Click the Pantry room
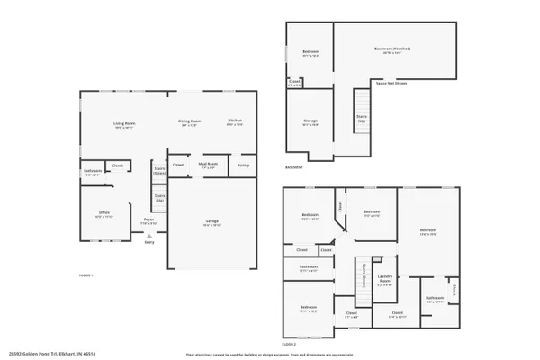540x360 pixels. click(243, 165)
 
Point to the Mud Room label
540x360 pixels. click(208, 165)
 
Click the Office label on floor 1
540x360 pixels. click(104, 213)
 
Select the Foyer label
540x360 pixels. click(149, 220)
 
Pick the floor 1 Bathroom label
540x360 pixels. click(93, 171)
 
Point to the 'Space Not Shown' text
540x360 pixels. click(390, 83)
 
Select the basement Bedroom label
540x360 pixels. click(310, 52)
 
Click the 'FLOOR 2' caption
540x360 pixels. click(289, 345)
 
